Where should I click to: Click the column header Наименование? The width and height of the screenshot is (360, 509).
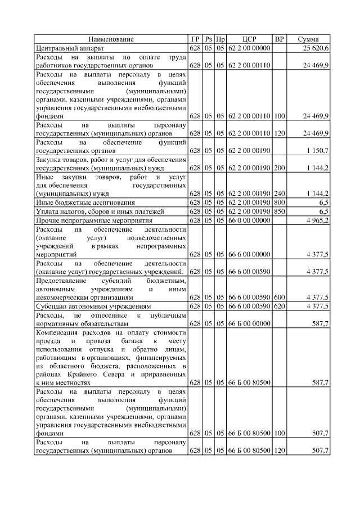[111, 39]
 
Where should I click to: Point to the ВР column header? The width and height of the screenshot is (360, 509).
[279, 39]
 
